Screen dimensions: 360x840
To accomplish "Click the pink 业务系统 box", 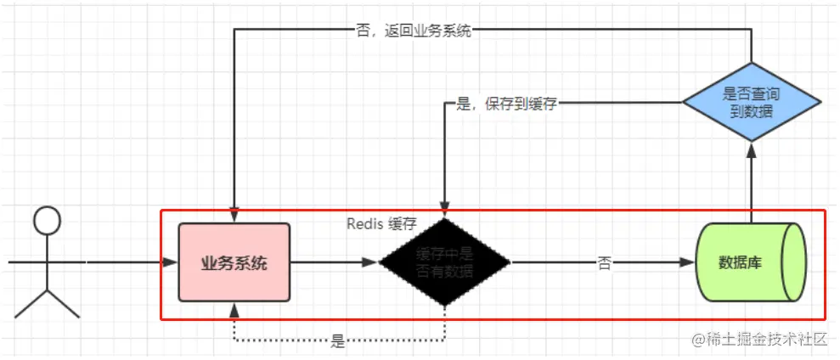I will click(x=234, y=262).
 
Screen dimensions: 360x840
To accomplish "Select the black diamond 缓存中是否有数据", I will click(x=444, y=262).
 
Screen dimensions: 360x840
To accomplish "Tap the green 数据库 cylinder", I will click(x=739, y=262).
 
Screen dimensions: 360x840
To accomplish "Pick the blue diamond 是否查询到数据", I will click(x=752, y=102).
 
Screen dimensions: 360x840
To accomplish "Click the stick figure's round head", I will click(x=48, y=222).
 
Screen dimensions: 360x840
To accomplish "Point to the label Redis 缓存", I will click(x=381, y=224).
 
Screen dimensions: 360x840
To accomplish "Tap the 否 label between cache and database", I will click(x=604, y=263).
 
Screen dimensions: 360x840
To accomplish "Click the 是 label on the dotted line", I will click(x=338, y=342).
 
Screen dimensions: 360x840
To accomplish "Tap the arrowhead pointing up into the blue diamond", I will click(x=752, y=149).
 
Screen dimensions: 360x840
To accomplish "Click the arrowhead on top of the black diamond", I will click(x=444, y=211).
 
